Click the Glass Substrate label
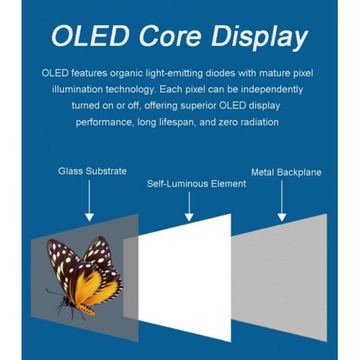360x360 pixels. tap(92, 171)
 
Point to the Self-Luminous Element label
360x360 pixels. tap(196, 184)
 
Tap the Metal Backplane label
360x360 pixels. tap(286, 172)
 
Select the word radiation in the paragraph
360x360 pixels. tap(258, 122)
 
